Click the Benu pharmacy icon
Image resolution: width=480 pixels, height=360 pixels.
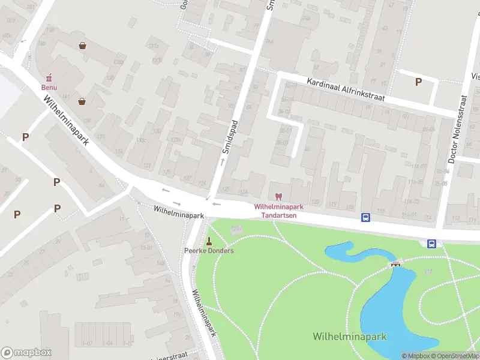coord(49,77)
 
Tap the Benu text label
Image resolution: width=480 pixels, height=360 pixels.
coord(49,87)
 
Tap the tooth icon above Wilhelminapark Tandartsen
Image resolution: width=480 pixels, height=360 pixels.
coord(278,196)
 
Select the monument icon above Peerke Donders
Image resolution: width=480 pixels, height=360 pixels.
coord(209,241)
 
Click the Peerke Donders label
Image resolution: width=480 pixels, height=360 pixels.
coord(209,250)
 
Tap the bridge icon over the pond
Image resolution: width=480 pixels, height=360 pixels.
coord(395,264)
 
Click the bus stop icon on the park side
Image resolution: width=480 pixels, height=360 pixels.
coord(431,243)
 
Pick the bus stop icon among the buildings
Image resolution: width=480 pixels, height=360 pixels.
coord(365,217)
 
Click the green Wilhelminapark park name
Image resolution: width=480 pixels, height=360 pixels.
coord(349,336)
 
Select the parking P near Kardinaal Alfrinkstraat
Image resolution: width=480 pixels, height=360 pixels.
coord(418,82)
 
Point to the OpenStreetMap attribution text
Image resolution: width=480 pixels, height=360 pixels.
coord(454,356)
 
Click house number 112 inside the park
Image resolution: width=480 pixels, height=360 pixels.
coord(428,272)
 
